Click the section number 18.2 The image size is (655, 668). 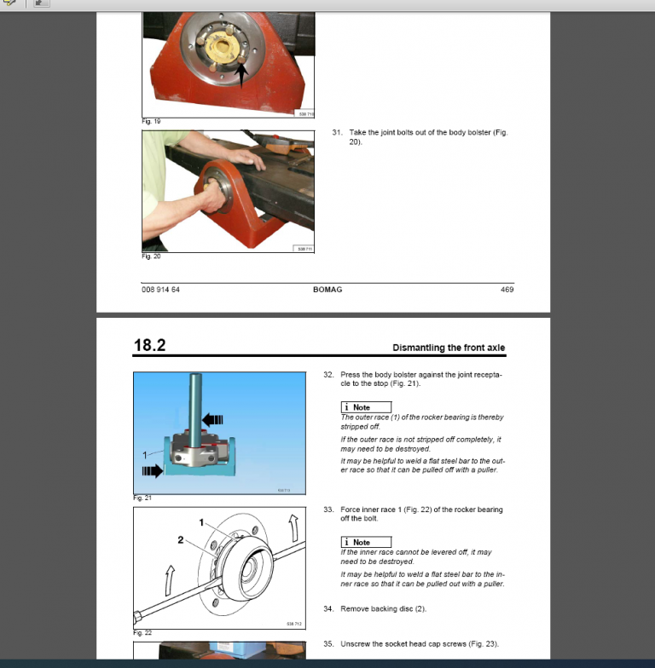[149, 345]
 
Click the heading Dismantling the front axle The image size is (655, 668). [448, 348]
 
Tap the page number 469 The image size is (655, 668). [507, 290]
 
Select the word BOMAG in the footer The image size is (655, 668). [327, 290]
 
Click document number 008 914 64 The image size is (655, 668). [160, 290]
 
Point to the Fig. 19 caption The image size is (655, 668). [151, 121]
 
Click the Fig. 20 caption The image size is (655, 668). [151, 256]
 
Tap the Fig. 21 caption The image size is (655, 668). [142, 498]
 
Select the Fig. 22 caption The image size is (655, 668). [142, 633]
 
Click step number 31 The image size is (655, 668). [337, 133]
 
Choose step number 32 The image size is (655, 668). [328, 374]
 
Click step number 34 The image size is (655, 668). [328, 609]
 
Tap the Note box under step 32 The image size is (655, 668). [366, 408]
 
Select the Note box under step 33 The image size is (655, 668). [366, 542]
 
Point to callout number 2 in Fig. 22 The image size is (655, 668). [180, 539]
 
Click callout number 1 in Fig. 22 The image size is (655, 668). [201, 522]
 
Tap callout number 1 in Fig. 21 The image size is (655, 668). [146, 454]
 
